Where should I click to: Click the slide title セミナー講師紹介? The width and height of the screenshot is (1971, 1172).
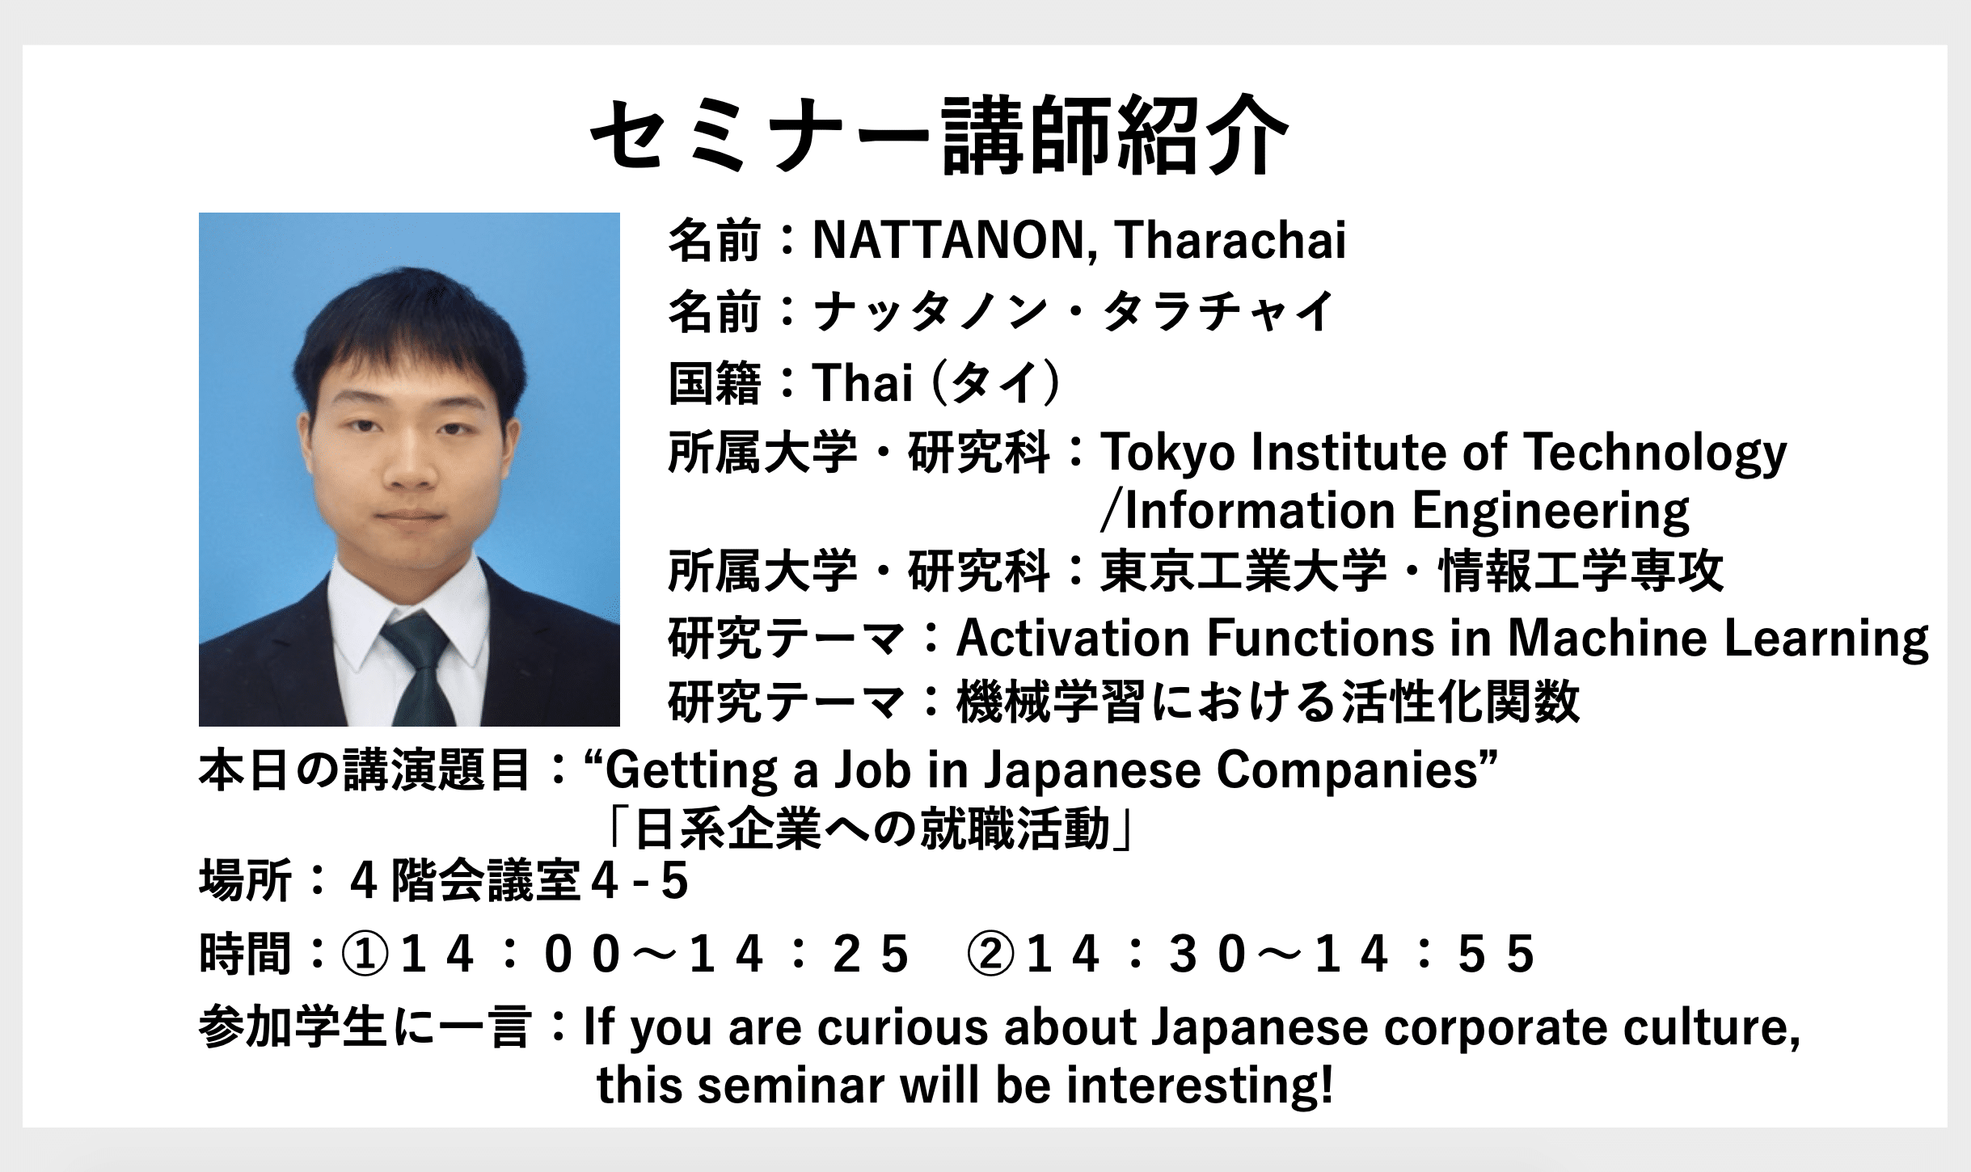(939, 135)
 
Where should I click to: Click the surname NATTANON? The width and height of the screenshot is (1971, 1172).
(955, 240)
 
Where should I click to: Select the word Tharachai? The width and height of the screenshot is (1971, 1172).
(1230, 240)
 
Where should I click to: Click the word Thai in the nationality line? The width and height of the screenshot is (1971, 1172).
(863, 382)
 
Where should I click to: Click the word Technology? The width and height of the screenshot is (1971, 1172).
(1656, 453)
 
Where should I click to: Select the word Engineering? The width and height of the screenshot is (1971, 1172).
(1551, 512)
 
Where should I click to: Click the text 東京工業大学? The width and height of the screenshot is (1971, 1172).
(1243, 571)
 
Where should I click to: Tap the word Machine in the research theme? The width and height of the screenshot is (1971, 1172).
(1608, 638)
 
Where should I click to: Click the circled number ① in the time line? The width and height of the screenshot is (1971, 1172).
(365, 954)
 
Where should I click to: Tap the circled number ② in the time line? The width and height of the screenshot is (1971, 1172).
(991, 954)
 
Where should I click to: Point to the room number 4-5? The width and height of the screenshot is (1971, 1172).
(639, 881)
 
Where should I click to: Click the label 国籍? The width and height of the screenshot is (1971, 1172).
(715, 382)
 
